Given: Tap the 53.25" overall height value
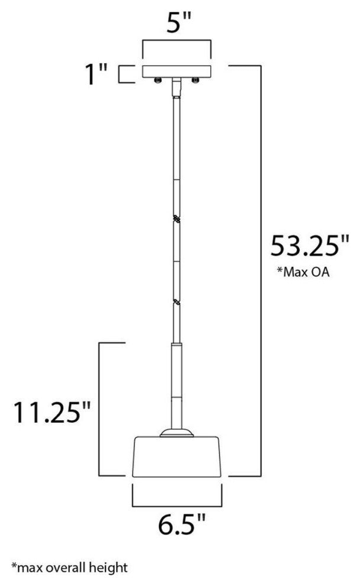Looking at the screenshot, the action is coord(310,246).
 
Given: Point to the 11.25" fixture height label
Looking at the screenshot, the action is coord(52,413).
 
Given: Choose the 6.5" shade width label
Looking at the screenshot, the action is coord(182,524).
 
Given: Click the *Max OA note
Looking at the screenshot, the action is coord(303,272).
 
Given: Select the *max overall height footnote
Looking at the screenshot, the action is coord(69,568).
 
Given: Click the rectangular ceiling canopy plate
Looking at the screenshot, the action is coord(176,72).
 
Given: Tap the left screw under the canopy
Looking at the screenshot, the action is coord(157,81).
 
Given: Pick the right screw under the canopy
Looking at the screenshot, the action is coord(195,81).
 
